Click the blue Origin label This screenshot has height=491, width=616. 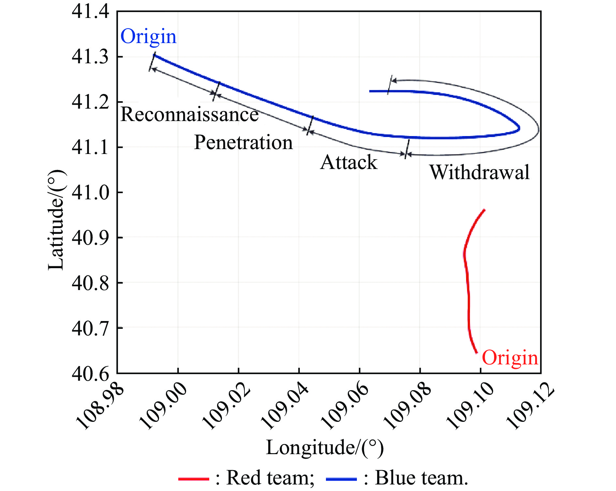coord(148,37)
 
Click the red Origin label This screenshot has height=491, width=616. coord(510,358)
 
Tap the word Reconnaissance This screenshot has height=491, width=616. coord(190,115)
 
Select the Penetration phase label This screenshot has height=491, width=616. coord(243,143)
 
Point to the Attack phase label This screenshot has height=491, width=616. coord(349,162)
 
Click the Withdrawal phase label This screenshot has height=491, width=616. coord(479,172)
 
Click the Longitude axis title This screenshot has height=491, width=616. coord(325,448)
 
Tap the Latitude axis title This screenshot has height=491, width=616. coord(56,220)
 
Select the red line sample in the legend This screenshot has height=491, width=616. coord(194,479)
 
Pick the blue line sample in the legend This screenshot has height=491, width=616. coord(341,479)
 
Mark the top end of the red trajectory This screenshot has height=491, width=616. coord(484,210)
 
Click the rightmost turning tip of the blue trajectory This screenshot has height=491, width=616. coord(519,128)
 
